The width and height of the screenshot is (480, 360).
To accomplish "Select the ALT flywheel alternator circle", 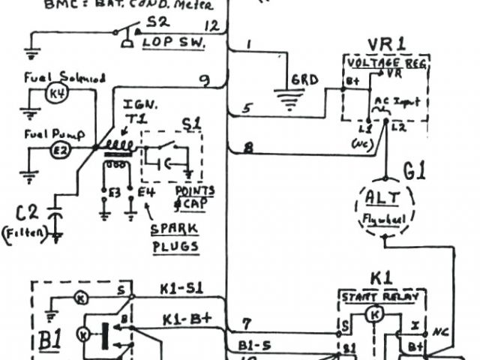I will (384, 204).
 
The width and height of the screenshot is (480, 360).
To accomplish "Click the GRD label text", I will (305, 79).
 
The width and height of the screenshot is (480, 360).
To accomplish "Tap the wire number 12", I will (212, 26).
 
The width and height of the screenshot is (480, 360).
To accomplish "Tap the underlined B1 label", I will (50, 340).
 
